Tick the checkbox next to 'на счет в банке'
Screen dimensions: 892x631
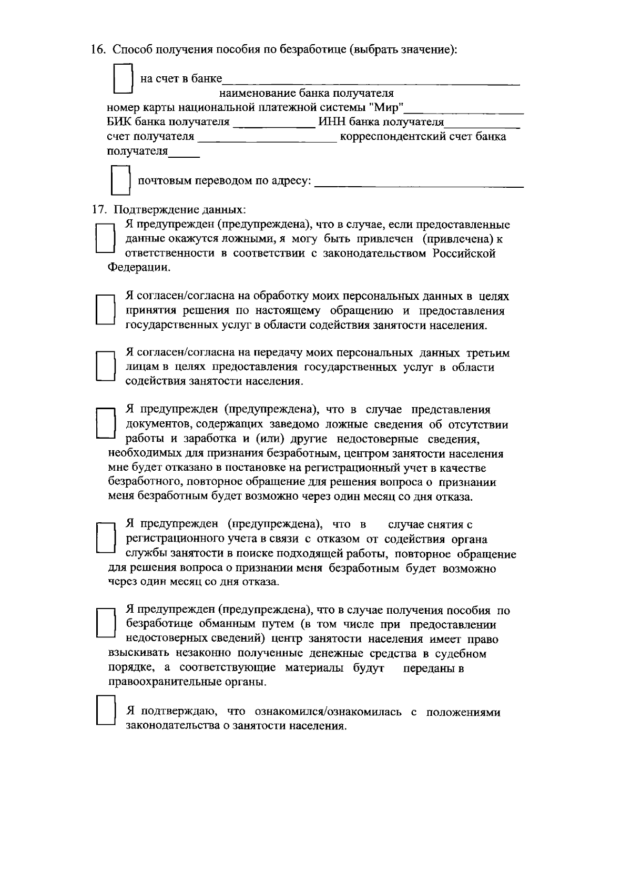point(123,79)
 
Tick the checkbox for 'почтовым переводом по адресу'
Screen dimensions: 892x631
point(121,180)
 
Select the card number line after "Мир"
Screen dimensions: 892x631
point(466,110)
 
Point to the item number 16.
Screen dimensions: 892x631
point(98,50)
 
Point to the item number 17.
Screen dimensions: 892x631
point(98,210)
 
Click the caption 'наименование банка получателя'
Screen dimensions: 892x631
point(307,94)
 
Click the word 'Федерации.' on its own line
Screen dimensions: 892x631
point(139,267)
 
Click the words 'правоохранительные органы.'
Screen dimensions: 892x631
point(187,683)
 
